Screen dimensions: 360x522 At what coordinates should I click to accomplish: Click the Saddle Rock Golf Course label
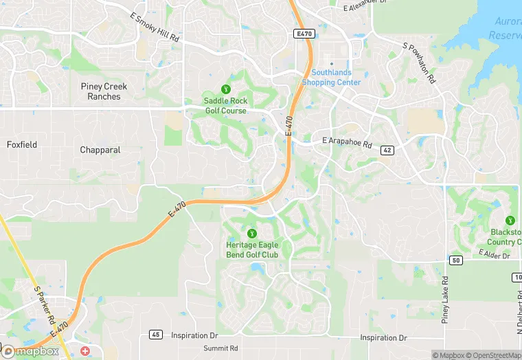(225, 106)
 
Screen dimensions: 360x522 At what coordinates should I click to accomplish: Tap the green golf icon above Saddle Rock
(225, 89)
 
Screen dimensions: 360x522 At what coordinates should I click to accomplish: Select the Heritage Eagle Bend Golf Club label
(252, 249)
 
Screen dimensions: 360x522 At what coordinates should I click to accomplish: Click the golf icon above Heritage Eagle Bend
(251, 234)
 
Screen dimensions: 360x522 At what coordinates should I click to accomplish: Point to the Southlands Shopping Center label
(331, 78)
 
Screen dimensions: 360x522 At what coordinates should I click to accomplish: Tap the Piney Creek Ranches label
(104, 91)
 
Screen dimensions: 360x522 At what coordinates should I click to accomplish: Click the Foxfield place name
(22, 145)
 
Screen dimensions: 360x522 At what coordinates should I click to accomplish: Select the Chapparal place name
(100, 150)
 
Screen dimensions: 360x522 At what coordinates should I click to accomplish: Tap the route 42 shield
(387, 150)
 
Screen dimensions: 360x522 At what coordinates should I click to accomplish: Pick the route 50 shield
(456, 260)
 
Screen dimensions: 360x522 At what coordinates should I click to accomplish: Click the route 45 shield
(156, 335)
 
